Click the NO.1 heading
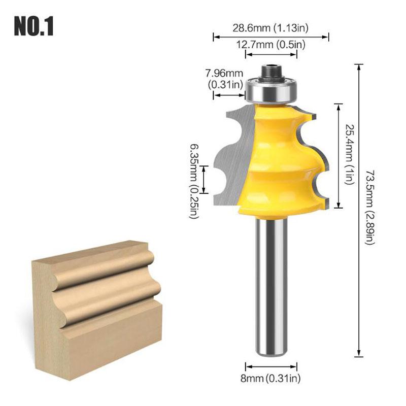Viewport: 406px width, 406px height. tap(33, 27)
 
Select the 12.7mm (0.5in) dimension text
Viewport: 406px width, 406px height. tap(271, 45)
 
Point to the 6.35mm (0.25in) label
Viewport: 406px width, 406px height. tap(194, 180)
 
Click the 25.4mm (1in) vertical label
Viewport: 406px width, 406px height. tap(350, 154)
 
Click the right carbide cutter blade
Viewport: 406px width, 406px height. tap(317, 167)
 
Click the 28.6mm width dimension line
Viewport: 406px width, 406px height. tap(271, 36)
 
